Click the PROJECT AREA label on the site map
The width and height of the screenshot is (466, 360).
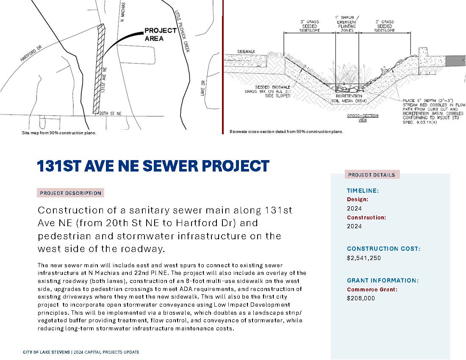[x=160, y=34]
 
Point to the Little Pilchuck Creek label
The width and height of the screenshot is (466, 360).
[x=181, y=32]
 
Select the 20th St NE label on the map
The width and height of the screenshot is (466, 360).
[x=110, y=114]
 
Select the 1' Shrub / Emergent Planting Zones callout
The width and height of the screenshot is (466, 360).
[x=347, y=25]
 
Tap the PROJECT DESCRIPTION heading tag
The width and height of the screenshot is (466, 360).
[x=70, y=193]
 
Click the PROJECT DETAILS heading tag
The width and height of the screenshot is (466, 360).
[x=372, y=175]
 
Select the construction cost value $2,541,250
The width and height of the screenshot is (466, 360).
[x=364, y=258]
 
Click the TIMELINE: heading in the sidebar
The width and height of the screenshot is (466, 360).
[x=363, y=191]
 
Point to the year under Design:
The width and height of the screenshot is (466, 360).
[x=354, y=208]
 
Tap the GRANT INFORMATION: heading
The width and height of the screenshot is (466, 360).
[x=383, y=280]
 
